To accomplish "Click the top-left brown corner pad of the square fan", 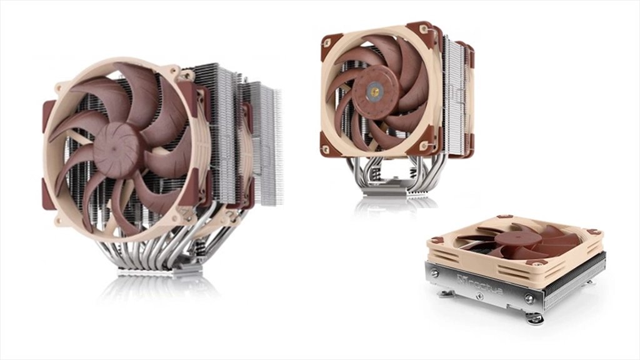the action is pyautogui.click(x=331, y=42).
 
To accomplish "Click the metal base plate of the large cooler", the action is pyautogui.click(x=160, y=272).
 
